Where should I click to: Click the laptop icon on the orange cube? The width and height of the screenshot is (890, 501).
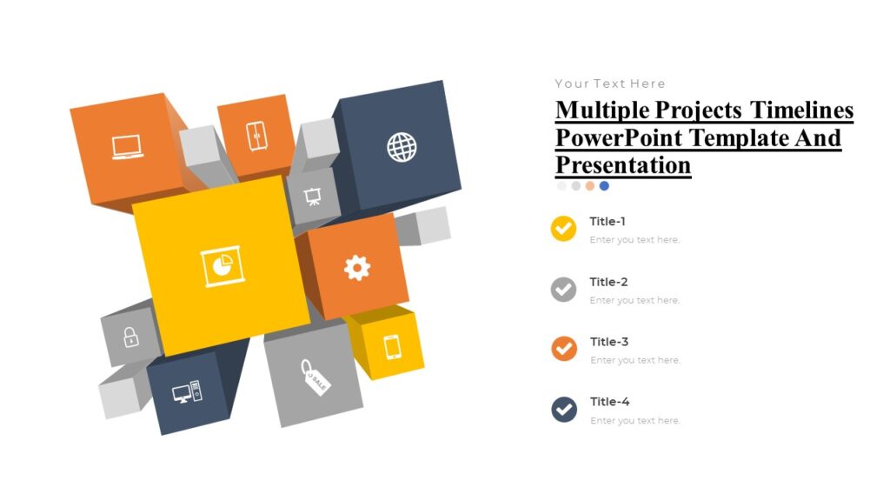click(127, 148)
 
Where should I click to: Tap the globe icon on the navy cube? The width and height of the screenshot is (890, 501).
click(402, 146)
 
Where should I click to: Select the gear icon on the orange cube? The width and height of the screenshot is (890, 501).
click(357, 267)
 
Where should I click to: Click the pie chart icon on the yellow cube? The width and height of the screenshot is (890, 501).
click(222, 267)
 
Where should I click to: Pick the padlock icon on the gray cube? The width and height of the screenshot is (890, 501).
click(130, 337)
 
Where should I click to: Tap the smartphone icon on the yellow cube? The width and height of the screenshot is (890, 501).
click(392, 346)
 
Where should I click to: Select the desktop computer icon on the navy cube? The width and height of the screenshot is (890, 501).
click(187, 393)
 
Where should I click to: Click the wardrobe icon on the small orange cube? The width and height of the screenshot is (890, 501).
click(256, 137)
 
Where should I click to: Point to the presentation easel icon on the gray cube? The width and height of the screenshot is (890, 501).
click(311, 197)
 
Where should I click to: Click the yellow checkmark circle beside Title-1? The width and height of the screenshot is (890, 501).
click(563, 229)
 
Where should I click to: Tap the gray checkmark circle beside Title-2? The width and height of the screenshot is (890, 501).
click(563, 289)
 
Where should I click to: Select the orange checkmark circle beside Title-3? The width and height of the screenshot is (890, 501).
click(563, 349)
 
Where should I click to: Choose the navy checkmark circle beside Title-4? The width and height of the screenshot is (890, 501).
click(563, 409)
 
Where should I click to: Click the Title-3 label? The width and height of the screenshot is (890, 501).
click(608, 342)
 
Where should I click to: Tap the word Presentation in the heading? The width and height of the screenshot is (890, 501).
click(622, 164)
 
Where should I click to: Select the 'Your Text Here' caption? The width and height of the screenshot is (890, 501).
click(610, 83)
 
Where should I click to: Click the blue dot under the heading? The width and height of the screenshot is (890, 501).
click(604, 186)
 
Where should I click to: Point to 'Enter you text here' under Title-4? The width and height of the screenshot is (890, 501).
click(634, 421)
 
